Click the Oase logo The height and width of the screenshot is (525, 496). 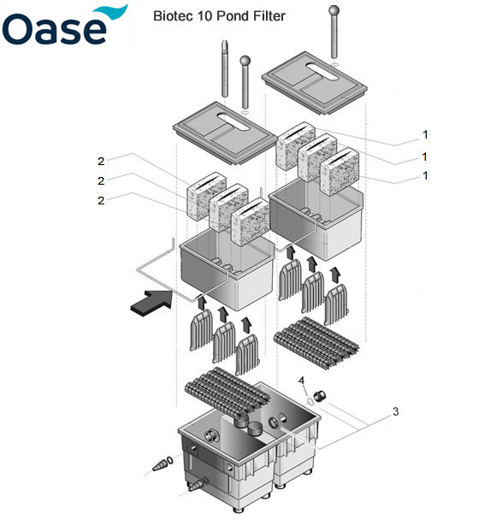[64, 26]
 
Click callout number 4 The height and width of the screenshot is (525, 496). [301, 380]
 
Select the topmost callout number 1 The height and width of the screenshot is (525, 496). [424, 134]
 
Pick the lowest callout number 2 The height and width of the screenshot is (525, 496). [101, 201]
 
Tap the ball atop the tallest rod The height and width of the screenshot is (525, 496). [333, 11]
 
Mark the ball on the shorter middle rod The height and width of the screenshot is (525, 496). [245, 61]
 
